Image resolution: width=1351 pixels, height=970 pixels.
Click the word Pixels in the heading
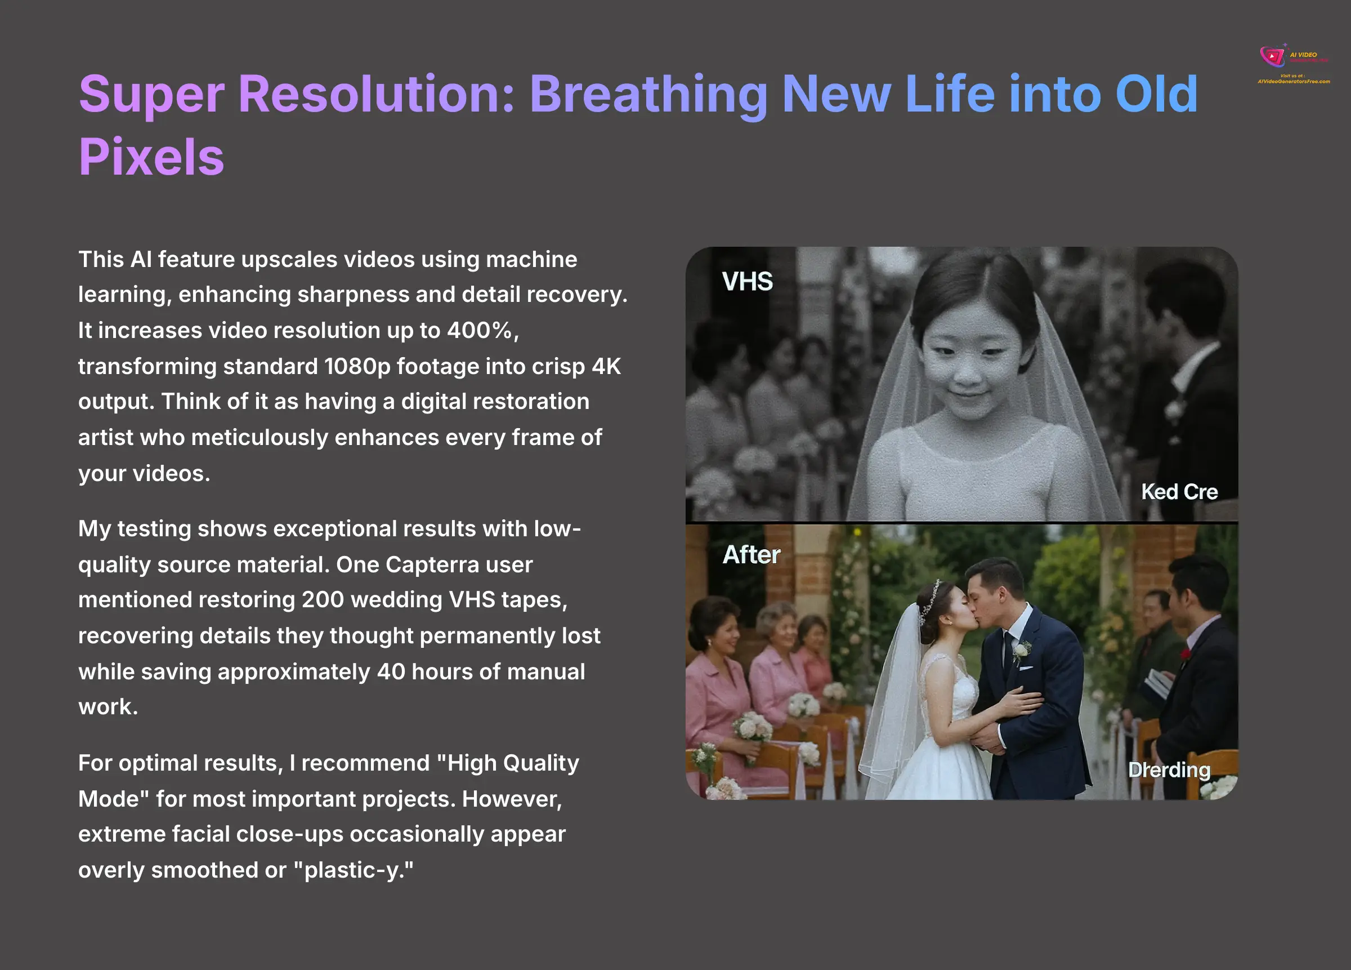click(151, 157)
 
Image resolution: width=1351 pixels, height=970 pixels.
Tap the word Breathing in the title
click(648, 94)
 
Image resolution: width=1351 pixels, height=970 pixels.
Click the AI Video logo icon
click(1272, 56)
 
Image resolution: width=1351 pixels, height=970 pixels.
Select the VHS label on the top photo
click(747, 282)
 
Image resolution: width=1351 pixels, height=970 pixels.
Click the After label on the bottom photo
click(751, 555)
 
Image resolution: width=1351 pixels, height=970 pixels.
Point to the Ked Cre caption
click(1179, 492)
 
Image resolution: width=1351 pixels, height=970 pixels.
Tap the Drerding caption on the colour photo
click(1169, 769)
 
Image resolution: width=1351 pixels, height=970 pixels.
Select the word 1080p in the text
click(357, 366)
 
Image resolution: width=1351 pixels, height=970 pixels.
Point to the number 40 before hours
click(390, 672)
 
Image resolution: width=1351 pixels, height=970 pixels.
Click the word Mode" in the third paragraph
click(113, 799)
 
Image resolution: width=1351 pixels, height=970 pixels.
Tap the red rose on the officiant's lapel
click(1186, 655)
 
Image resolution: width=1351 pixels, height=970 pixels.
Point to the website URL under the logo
click(1293, 81)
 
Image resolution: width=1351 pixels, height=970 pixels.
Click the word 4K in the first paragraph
click(606, 366)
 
